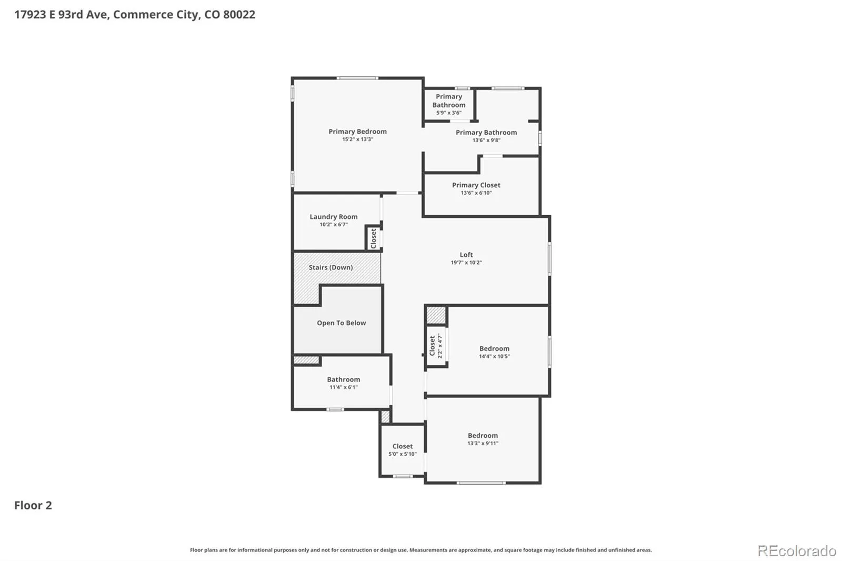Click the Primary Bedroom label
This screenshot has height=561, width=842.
click(x=357, y=131)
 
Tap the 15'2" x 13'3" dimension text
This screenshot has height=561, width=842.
click(x=357, y=139)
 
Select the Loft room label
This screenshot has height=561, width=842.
click(x=466, y=255)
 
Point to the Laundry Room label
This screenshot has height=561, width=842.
click(x=334, y=217)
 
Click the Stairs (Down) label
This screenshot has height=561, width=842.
click(x=331, y=267)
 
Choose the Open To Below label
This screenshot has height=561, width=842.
click(x=342, y=323)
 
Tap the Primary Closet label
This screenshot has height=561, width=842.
click(x=476, y=185)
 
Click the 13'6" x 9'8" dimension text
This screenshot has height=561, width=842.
click(x=486, y=140)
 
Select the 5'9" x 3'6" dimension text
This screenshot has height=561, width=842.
click(x=449, y=113)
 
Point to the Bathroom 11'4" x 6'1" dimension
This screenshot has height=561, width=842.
click(x=344, y=387)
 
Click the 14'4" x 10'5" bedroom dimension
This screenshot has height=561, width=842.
click(x=494, y=356)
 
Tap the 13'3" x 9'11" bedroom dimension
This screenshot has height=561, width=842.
click(x=483, y=443)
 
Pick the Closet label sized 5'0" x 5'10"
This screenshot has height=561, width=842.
click(x=403, y=446)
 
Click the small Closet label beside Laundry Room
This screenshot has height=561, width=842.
click(x=374, y=238)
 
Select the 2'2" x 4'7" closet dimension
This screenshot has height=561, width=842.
click(x=440, y=346)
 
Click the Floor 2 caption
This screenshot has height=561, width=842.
click(x=33, y=505)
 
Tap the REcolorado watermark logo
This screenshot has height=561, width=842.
click(x=797, y=551)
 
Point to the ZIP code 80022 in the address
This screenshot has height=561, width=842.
click(x=239, y=14)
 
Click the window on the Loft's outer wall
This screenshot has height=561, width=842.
click(x=549, y=259)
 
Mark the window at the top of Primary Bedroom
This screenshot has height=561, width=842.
click(x=357, y=78)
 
